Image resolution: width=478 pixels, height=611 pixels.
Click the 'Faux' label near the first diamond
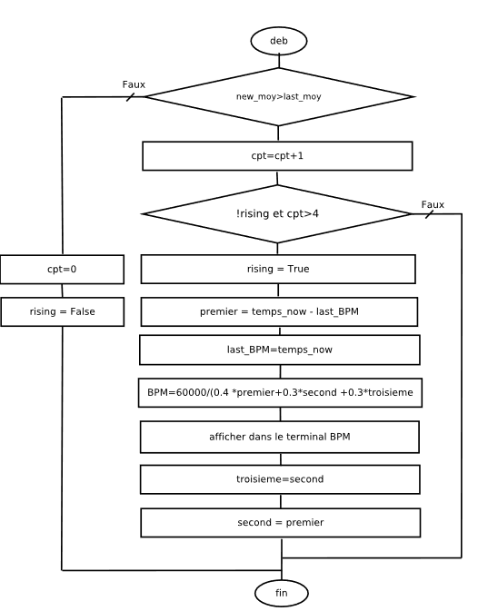coord(134,84)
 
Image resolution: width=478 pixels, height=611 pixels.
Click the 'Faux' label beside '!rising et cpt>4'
coord(433,204)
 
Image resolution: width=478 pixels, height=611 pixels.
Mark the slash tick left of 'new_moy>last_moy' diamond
coord(130,97)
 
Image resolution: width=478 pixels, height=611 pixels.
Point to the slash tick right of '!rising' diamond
coord(429,214)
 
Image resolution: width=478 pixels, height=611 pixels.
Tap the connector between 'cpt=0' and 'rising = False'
coord(62,291)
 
